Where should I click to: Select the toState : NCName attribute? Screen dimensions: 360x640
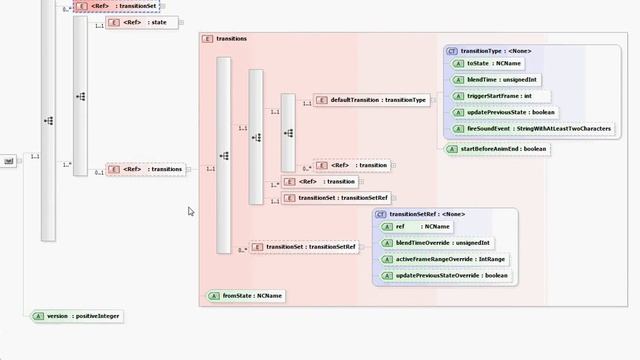[x=486, y=64]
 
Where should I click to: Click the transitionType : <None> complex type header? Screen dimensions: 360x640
[x=494, y=50]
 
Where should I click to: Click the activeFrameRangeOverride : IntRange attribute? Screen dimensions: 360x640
[x=449, y=259]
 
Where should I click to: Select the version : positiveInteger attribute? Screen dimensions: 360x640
[x=77, y=316]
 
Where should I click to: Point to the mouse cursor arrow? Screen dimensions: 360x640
[x=190, y=211]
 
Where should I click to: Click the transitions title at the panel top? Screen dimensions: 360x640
[x=231, y=39]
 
